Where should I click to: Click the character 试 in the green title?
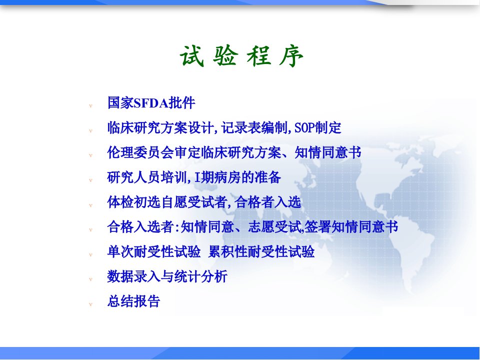(192, 56)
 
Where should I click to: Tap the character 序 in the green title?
(291, 56)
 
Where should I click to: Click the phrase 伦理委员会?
(141, 152)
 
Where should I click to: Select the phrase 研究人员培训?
(147, 177)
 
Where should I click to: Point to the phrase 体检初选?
(134, 202)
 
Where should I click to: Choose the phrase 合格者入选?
(268, 202)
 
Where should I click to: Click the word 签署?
(317, 227)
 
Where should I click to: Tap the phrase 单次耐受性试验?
(154, 252)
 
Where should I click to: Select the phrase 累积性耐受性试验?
(261, 252)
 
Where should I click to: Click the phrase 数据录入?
(134, 276)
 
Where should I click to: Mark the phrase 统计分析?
(200, 276)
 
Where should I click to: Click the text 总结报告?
(134, 301)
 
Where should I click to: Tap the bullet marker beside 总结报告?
(90, 304)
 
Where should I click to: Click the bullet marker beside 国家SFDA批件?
(90, 106)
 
